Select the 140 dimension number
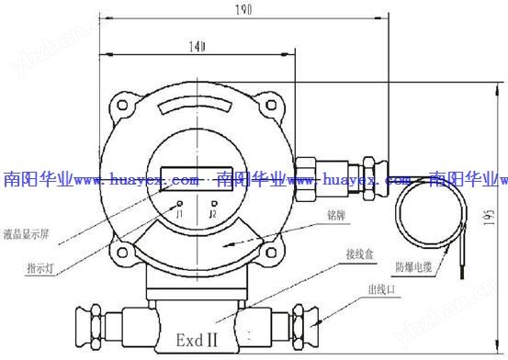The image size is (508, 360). point(196,44)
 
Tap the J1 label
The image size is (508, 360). point(180,214)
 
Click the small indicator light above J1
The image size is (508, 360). point(180,202)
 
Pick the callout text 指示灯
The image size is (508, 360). point(39,268)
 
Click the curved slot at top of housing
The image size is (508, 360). point(196,108)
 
